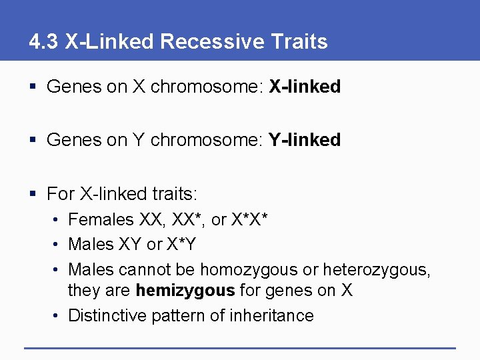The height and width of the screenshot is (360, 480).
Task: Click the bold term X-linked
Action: (x=305, y=87)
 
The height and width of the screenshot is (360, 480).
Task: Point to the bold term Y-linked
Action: (x=305, y=140)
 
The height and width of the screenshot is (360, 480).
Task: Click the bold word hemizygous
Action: (x=185, y=291)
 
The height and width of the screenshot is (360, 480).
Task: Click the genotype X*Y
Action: (x=181, y=245)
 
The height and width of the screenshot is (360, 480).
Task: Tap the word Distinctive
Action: (x=108, y=315)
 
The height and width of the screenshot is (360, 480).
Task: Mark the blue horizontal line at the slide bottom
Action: (x=240, y=347)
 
